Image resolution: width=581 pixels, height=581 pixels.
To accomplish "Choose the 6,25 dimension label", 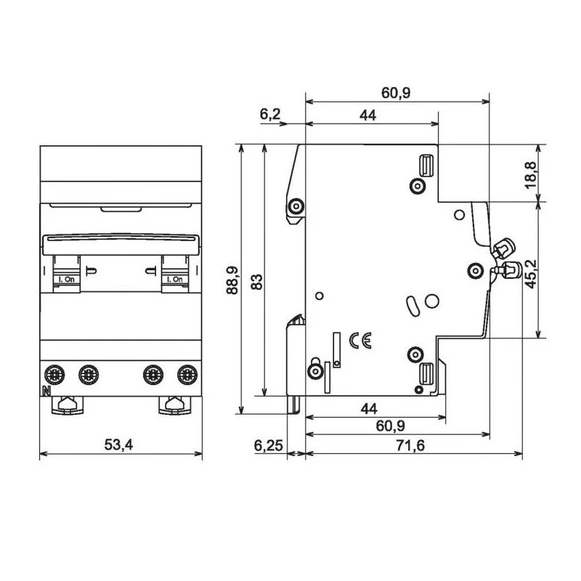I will pos(269,445).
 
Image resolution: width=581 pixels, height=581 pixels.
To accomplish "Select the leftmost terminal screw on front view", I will pos(54,375).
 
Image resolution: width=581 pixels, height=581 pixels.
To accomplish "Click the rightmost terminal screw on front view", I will pos(187,375).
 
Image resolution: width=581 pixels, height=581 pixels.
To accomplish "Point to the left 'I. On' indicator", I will pos(68,278).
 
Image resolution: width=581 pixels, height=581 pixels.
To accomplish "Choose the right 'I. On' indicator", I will pos(174,278).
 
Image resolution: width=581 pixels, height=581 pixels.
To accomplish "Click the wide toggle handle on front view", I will pos(121,243).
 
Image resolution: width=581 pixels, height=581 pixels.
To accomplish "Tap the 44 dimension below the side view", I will pos(373,409).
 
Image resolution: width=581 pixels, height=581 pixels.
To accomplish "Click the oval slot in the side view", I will pos(411,305).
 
